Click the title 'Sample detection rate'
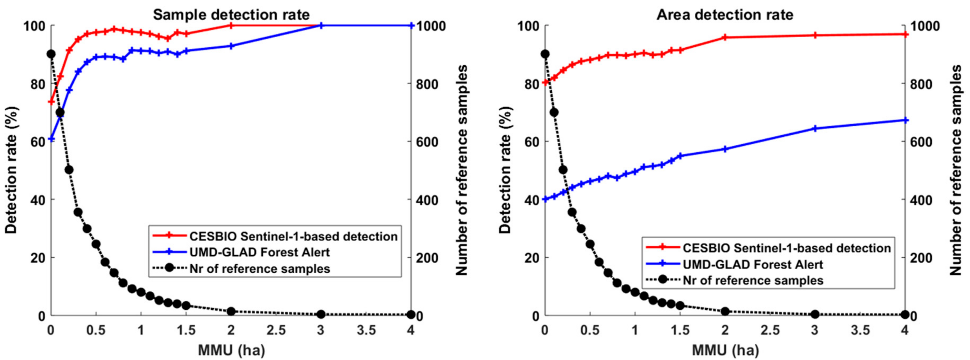pos(231,15)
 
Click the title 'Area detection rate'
pos(725,15)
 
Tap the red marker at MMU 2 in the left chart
pos(231,25)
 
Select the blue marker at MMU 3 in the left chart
pos(321,25)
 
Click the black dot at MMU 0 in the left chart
pos(51,54)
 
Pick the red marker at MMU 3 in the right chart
pos(815,35)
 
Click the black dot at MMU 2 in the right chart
pos(725,312)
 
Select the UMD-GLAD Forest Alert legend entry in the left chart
pos(259,252)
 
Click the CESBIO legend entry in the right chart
pos(787,248)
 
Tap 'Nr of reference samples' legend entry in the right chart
pos(753,280)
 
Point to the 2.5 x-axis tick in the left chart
pos(276,331)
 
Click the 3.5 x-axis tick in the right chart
pos(860,331)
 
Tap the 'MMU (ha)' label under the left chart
pos(231,350)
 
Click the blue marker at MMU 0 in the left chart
pos(51,139)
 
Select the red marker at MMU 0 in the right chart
pos(544,82)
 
